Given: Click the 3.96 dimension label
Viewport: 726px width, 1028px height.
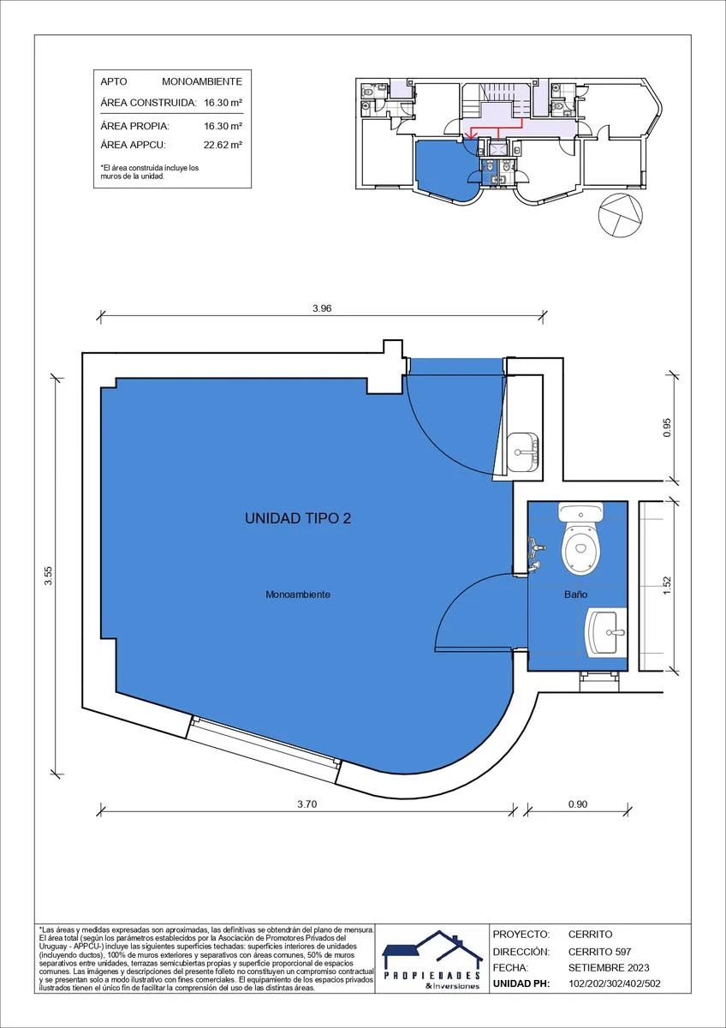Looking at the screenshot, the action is [322, 308].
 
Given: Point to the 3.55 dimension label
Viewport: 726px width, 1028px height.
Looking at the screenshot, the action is [49, 576].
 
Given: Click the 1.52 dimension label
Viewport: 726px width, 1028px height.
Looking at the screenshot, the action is [667, 586].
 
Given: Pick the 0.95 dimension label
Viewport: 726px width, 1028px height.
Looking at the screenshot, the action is [667, 427].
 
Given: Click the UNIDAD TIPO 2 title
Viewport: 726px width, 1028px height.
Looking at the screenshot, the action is [298, 518].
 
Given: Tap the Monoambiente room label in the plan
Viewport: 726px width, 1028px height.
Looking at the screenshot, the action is [298, 595].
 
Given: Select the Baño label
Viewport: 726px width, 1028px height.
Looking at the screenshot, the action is [576, 595].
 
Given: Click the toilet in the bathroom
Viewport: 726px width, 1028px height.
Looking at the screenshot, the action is [580, 537].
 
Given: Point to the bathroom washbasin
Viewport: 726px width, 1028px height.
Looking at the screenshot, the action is [607, 632].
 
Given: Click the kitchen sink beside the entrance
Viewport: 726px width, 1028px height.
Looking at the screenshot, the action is [523, 451].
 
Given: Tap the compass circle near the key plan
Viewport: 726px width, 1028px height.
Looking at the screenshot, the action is [621, 215].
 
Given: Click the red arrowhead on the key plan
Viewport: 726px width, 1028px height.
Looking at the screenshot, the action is [469, 135].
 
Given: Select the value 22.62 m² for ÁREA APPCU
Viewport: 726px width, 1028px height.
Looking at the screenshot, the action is [223, 145].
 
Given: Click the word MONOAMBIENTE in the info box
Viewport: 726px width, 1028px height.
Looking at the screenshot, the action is [202, 81].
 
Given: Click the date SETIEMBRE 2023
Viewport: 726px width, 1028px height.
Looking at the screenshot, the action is [609, 967].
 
